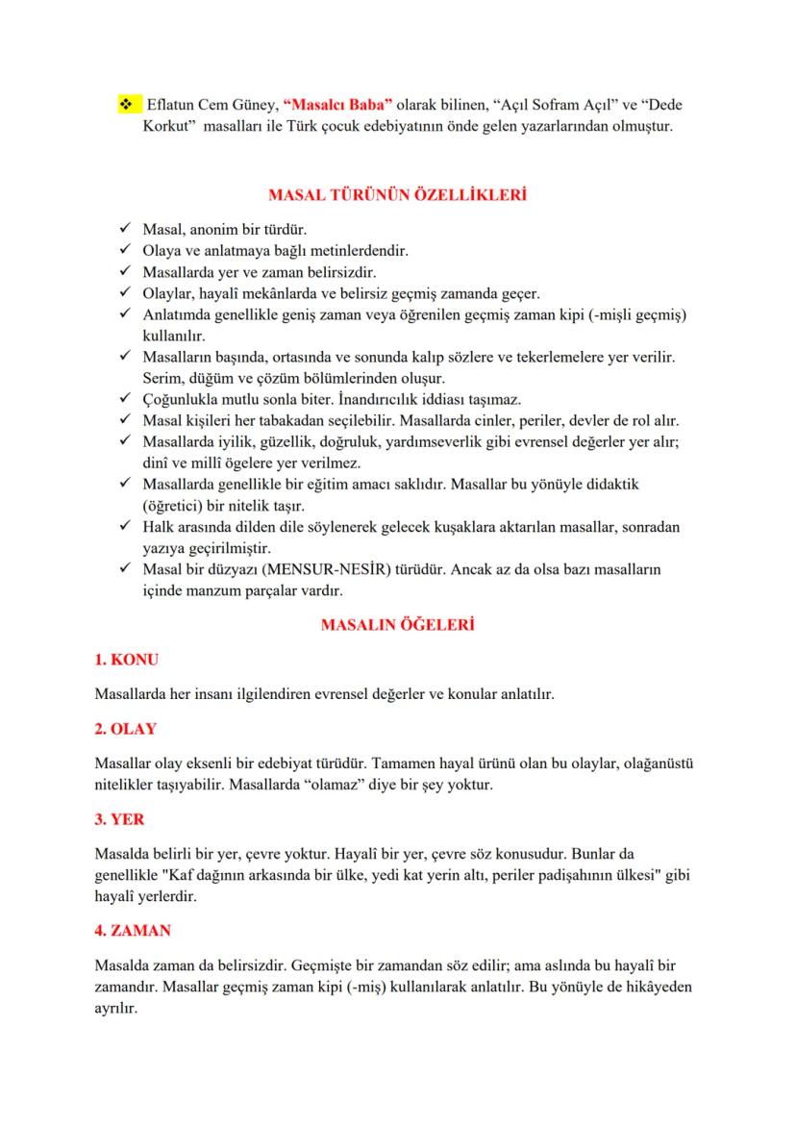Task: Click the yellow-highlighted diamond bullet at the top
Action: click(125, 104)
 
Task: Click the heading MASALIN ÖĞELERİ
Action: click(397, 625)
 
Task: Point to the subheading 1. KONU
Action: click(127, 660)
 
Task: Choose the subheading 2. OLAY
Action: click(126, 728)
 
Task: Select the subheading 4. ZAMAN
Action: click(134, 932)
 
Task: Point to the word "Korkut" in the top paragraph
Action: click(163, 126)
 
